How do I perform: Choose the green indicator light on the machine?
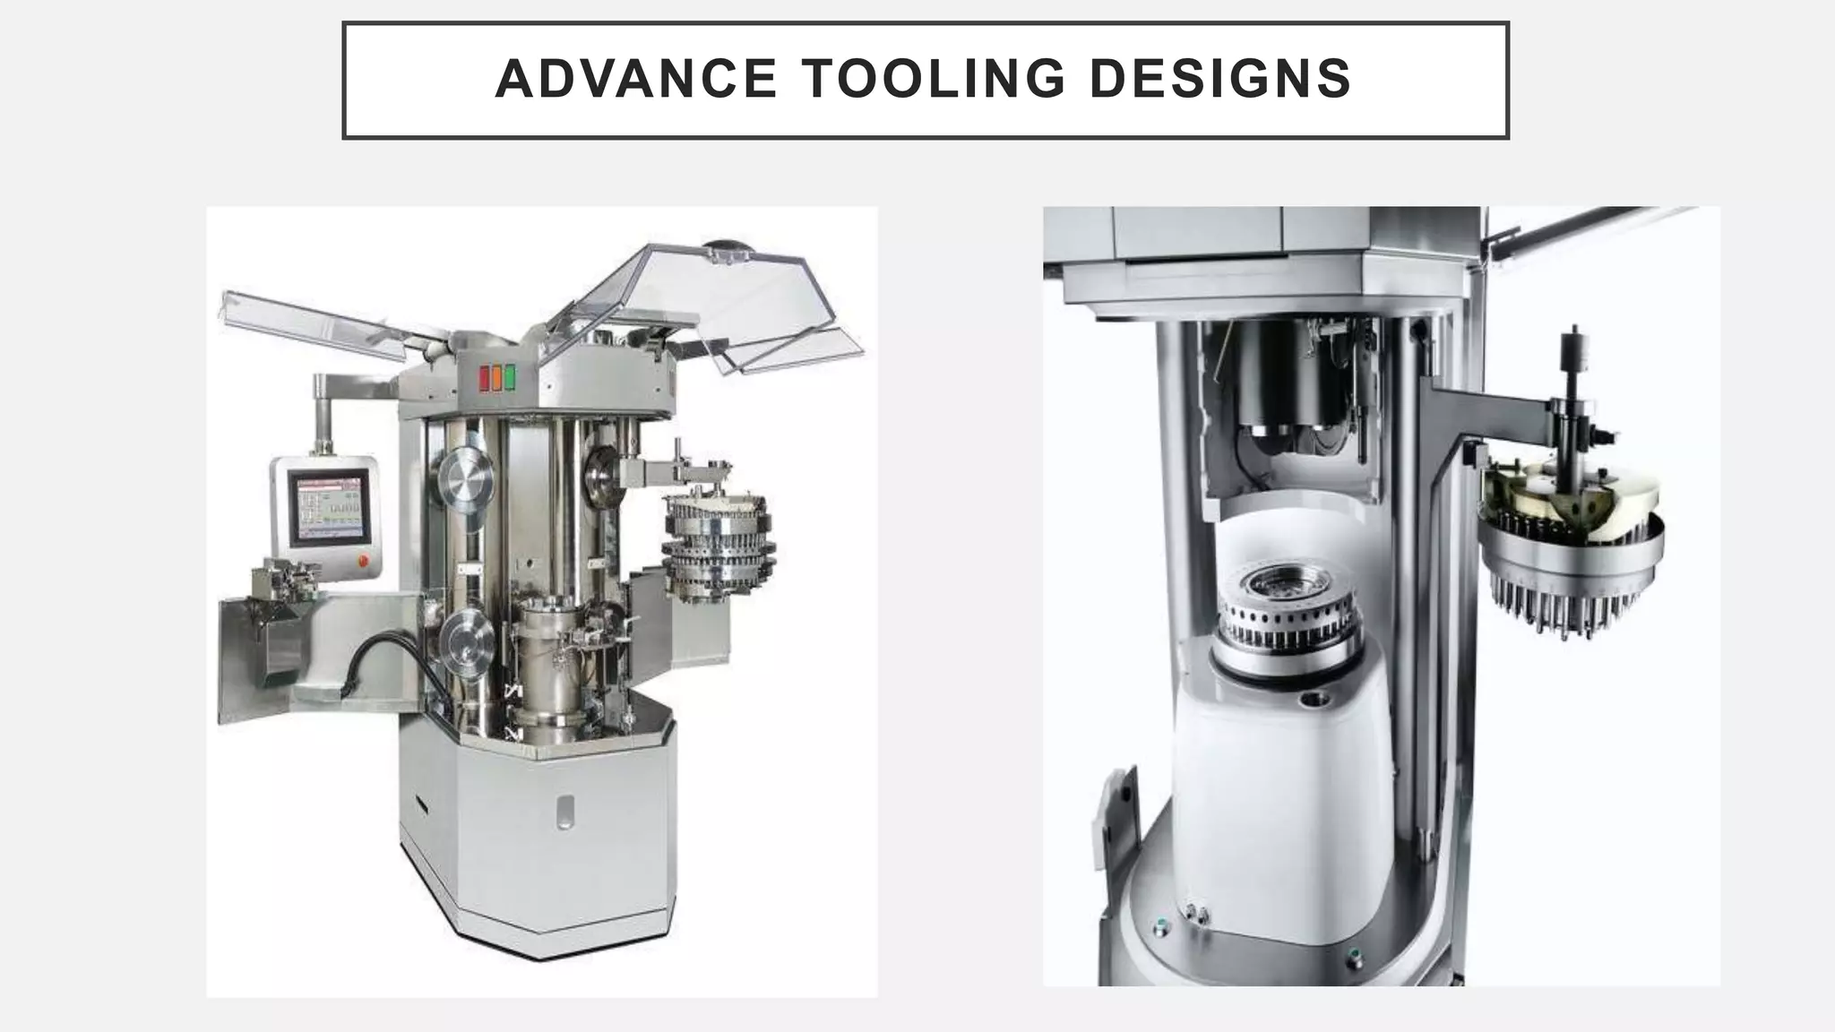[511, 378]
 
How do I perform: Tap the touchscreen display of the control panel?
[328, 508]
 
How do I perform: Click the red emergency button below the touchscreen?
[362, 562]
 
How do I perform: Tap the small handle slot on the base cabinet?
[564, 811]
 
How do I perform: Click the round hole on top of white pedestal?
[1316, 698]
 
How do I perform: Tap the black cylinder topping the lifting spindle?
[1572, 346]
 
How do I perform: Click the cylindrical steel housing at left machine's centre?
[550, 663]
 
